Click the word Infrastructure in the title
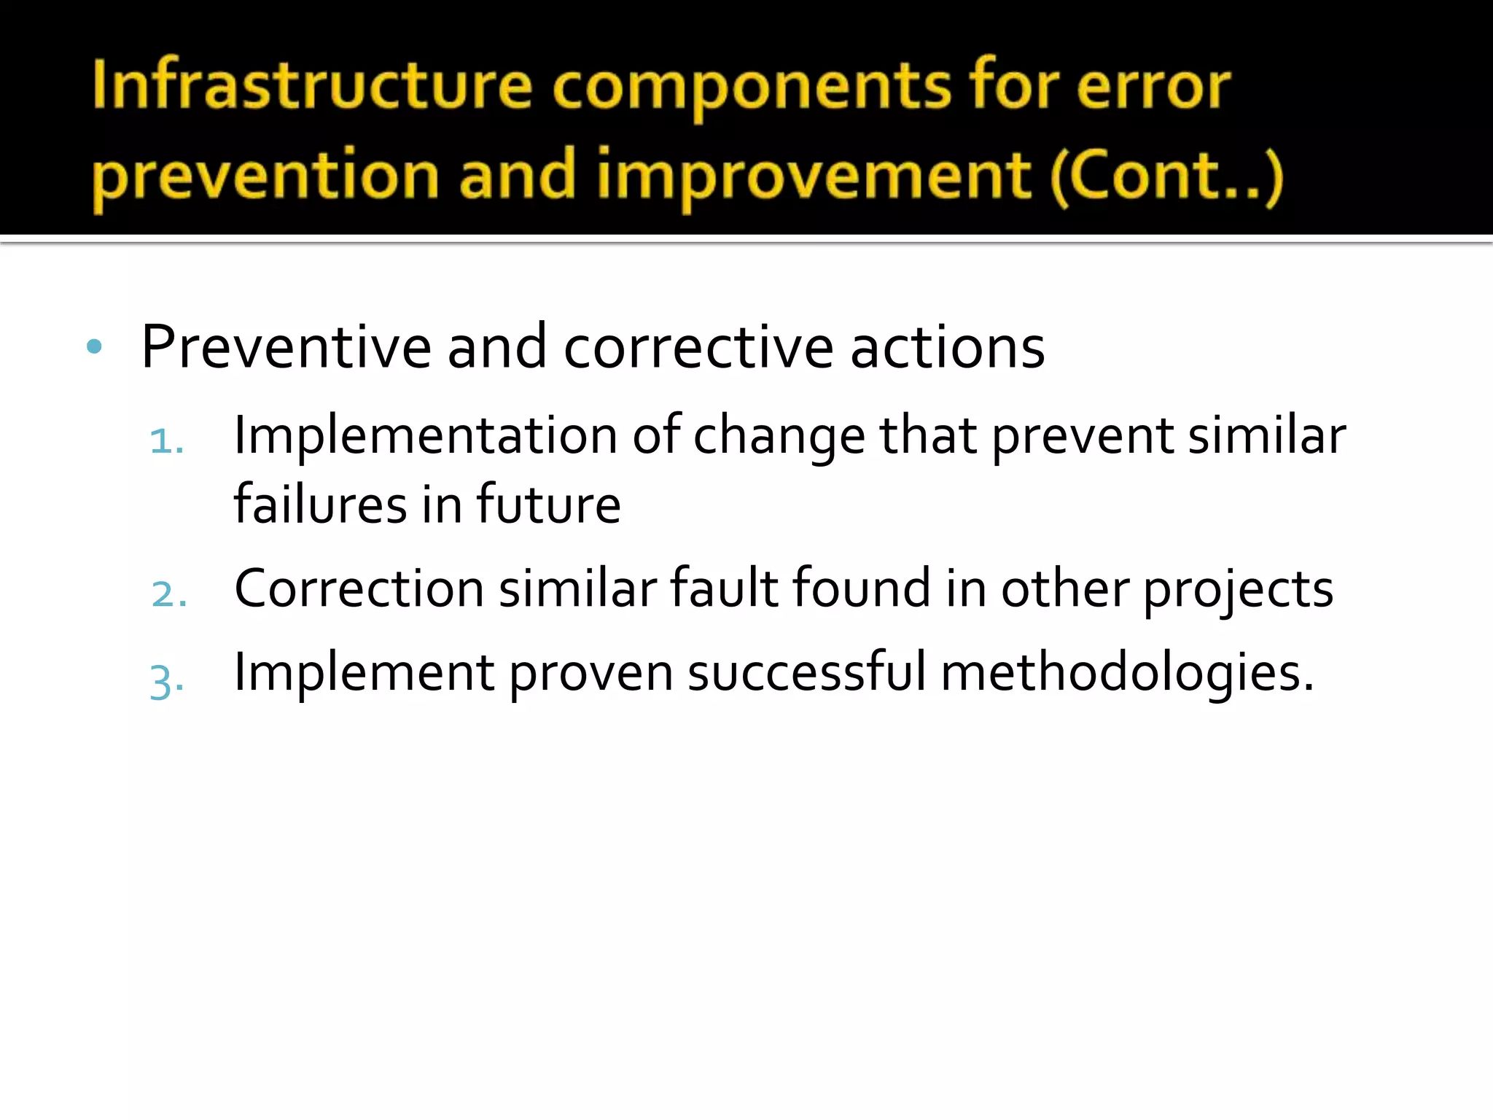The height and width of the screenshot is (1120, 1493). pos(312,86)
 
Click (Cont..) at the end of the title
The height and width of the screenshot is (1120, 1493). pos(1166,176)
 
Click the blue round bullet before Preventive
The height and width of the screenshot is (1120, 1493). pos(94,346)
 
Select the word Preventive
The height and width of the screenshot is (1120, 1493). pos(286,347)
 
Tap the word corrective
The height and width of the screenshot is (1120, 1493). pos(698,347)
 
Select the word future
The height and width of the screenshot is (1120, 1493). pos(548,505)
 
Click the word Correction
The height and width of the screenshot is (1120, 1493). pos(359,588)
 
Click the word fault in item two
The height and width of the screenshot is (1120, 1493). pos(725,588)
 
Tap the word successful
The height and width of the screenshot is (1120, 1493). pos(807,672)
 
